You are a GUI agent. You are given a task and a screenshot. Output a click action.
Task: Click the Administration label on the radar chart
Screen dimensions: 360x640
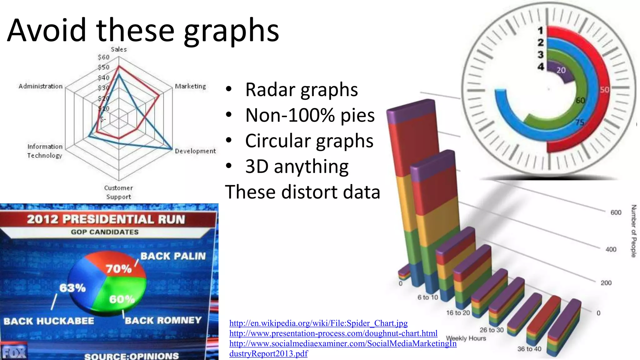41,86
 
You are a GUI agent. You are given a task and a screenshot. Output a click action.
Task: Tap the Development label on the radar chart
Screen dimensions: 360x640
195,151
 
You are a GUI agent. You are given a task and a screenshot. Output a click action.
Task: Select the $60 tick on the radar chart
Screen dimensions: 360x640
103,57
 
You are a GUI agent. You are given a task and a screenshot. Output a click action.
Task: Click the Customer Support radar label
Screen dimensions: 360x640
118,192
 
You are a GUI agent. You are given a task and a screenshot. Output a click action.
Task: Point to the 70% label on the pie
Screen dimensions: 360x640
119,269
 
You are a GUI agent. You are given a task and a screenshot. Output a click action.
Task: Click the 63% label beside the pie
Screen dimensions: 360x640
72,288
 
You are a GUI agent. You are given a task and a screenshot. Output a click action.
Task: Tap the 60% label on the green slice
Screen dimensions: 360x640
122,299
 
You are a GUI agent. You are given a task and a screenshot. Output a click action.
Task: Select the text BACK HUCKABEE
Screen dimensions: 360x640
49,321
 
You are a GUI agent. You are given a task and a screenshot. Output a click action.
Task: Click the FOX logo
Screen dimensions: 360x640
14,352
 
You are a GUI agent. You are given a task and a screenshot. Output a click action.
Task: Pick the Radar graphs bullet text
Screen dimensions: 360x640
301,90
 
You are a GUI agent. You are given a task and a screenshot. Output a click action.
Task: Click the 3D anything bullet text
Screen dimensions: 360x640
297,166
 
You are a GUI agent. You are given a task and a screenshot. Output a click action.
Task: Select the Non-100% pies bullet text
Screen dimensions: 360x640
310,115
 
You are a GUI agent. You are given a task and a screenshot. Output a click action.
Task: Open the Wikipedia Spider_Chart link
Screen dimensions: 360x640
318,323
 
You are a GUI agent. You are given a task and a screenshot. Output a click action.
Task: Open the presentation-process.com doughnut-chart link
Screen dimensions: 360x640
333,333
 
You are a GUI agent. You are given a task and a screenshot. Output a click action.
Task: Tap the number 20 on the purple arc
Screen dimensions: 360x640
561,70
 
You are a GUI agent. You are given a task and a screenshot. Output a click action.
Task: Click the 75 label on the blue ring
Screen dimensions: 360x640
580,122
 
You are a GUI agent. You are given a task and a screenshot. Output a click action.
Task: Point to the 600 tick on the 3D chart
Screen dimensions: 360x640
616,212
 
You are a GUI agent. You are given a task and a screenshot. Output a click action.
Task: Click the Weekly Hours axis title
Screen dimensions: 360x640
466,338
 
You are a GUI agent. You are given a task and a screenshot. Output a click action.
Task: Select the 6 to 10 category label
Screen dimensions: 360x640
428,297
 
